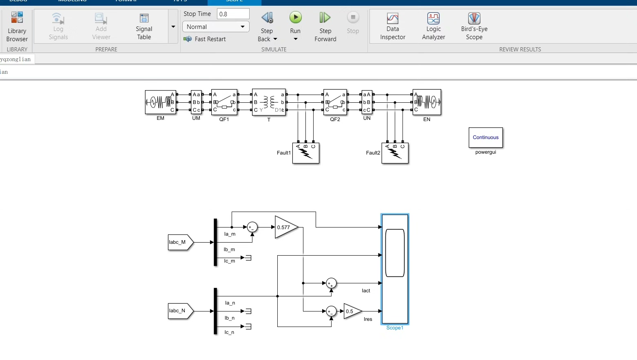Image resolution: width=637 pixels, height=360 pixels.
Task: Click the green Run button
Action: [295, 18]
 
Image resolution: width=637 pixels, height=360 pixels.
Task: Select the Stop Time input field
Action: [233, 14]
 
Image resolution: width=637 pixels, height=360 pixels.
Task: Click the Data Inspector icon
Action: [392, 19]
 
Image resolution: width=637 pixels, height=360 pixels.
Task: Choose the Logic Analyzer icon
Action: [433, 19]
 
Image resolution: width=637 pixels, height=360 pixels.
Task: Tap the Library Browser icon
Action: [17, 18]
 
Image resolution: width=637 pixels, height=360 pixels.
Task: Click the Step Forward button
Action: [325, 18]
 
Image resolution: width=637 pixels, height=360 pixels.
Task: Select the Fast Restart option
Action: [205, 39]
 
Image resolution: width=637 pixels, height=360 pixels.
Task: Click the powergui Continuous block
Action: [485, 138]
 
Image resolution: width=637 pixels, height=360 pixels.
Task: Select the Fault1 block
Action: [306, 153]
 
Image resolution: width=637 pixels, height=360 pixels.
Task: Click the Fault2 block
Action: [395, 153]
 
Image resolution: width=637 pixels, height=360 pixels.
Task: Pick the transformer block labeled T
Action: [269, 102]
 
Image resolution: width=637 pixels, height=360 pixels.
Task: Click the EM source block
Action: [161, 102]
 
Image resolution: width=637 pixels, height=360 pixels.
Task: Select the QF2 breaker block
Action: [335, 102]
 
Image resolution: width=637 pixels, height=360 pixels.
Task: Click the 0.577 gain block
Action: [285, 227]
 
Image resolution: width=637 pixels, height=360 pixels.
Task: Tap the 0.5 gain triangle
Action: [351, 311]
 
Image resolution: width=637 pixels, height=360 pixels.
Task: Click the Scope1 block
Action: [395, 269]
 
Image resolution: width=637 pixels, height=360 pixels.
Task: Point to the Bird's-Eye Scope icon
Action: [474, 19]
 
